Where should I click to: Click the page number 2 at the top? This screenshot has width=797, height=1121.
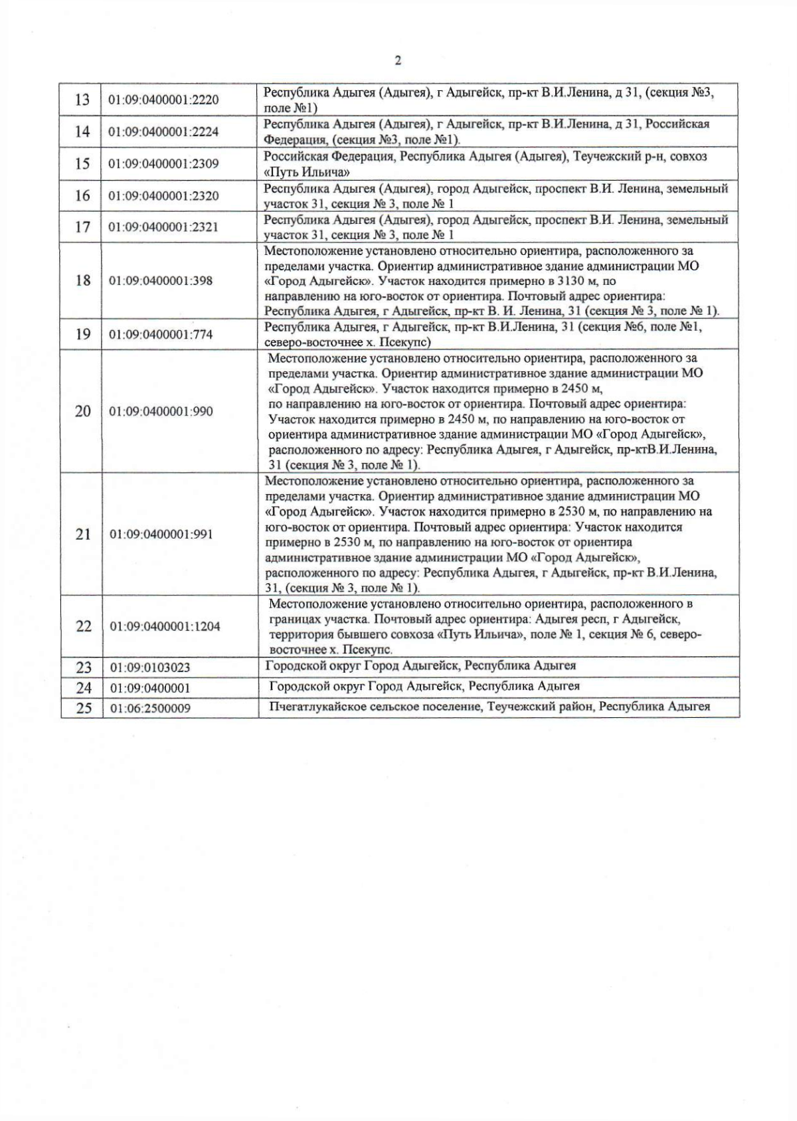click(398, 61)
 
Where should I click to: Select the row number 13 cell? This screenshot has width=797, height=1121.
click(82, 100)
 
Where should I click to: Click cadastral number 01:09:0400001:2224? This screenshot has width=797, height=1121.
click(163, 131)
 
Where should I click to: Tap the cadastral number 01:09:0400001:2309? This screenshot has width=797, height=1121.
click(163, 163)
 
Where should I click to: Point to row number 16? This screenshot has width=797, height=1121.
click(82, 195)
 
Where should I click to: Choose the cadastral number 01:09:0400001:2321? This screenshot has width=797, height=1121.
click(163, 227)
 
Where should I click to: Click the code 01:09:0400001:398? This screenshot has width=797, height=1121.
click(161, 281)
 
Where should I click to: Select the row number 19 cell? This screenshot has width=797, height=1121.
click(82, 334)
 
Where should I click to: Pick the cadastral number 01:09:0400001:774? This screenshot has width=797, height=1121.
click(161, 335)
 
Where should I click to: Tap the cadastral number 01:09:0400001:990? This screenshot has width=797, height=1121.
click(161, 412)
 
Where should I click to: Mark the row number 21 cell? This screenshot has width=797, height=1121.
click(82, 534)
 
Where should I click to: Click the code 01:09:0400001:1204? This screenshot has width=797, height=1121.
click(164, 626)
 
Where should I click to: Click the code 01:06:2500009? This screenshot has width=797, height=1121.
click(150, 709)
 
